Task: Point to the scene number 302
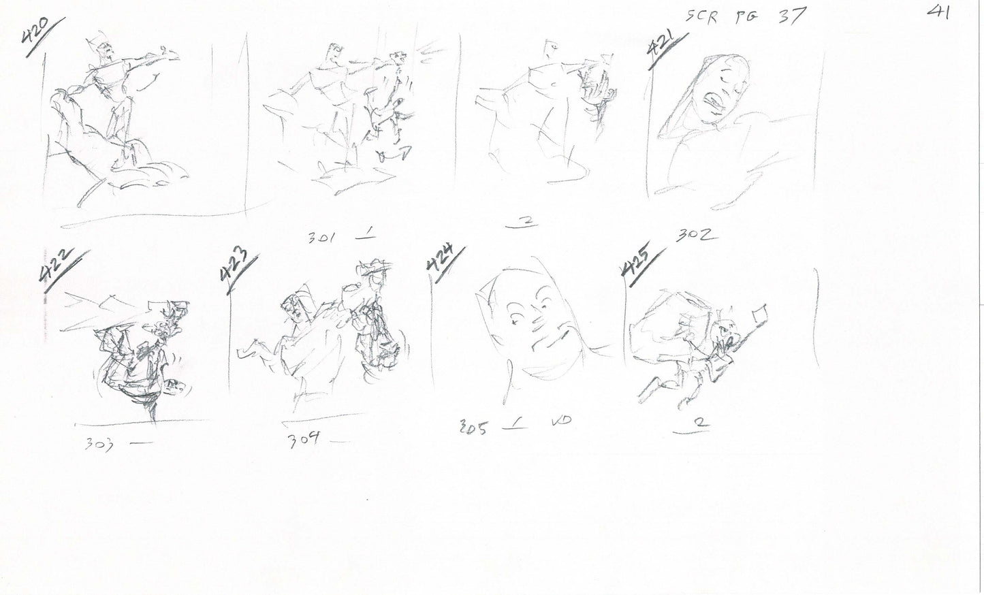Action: (695, 236)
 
